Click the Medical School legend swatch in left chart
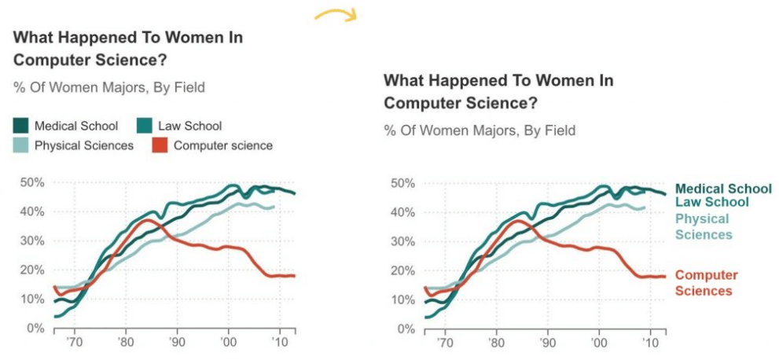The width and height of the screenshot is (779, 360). [x=21, y=126]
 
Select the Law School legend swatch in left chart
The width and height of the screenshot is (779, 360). [x=144, y=126]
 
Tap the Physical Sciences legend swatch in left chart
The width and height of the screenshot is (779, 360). [x=21, y=145]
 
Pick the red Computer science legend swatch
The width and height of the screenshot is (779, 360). [x=160, y=145]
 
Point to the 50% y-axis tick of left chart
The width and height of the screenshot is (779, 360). [x=31, y=182]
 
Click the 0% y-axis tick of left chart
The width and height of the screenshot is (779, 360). [x=35, y=328]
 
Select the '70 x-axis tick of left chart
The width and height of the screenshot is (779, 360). [x=75, y=343]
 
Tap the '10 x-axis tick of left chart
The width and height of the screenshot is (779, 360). [x=279, y=343]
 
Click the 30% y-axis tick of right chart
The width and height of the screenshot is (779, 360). [x=402, y=241]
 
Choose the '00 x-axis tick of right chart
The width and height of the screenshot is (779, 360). [x=599, y=343]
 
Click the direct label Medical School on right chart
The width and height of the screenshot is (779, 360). [x=723, y=189]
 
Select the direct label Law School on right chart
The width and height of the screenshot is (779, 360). [x=712, y=202]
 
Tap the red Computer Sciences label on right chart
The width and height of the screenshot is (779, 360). [x=707, y=283]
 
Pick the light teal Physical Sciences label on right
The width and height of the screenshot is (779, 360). [x=704, y=226]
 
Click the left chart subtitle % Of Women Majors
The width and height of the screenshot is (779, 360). [x=109, y=87]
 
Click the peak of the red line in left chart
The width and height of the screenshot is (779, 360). [x=145, y=220]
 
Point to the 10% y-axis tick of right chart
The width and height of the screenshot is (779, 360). [x=402, y=299]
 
